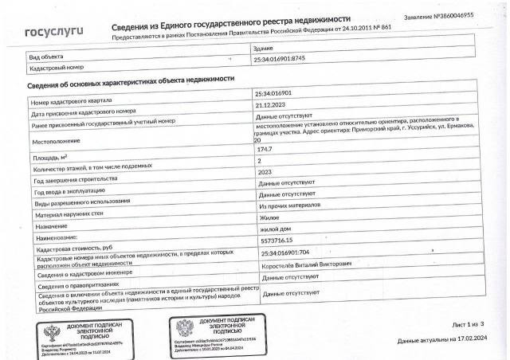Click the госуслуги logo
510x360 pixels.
coord(54,33)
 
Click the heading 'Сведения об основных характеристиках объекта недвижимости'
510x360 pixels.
coord(131,80)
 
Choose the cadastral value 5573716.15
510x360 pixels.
coord(272,240)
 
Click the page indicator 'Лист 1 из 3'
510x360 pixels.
coord(468,326)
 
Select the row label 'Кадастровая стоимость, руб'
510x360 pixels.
coord(80,248)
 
